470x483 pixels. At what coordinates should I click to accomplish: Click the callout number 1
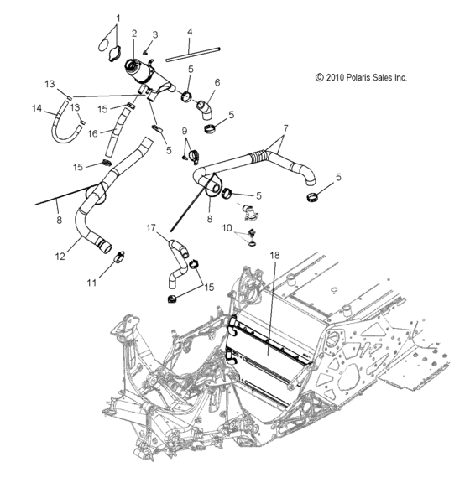click(117, 18)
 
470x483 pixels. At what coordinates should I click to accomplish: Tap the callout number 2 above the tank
click(134, 34)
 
